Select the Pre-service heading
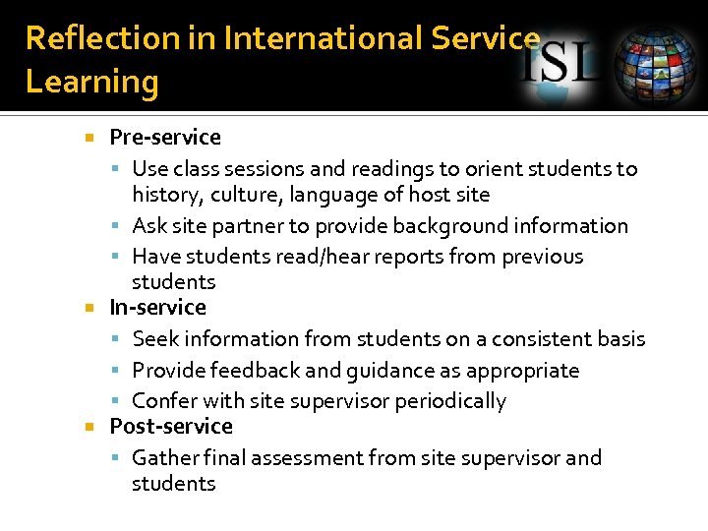pyautogui.click(x=164, y=138)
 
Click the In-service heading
pyautogui.click(x=157, y=308)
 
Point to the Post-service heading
pyautogui.click(x=171, y=427)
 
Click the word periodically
pyautogui.click(x=450, y=401)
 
